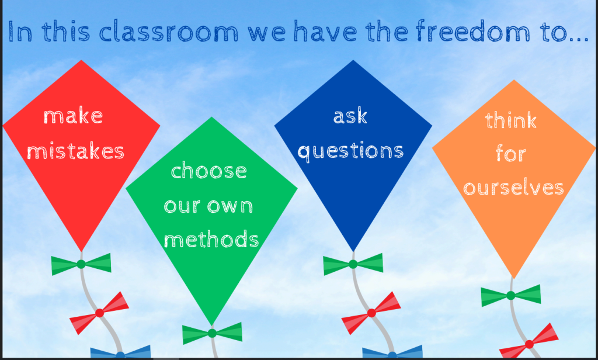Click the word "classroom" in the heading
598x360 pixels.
pyautogui.click(x=169, y=32)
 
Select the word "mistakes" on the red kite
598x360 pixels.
pyautogui.click(x=75, y=151)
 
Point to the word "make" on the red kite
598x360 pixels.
pyautogui.click(x=73, y=116)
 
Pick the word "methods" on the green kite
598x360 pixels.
pyautogui.click(x=211, y=239)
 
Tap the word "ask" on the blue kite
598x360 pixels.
pyautogui.click(x=350, y=116)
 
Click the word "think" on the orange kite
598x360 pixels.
pyautogui.click(x=510, y=120)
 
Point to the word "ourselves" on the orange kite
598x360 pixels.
pyautogui.click(x=513, y=188)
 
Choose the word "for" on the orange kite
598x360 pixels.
pyautogui.click(x=510, y=154)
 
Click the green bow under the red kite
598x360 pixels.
pyautogui.click(x=81, y=264)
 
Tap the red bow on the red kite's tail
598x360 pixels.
pyautogui.click(x=99, y=313)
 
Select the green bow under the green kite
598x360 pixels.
pyautogui.click(x=212, y=333)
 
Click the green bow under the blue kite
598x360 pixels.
pyautogui.click(x=353, y=264)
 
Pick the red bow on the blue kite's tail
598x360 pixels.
pyautogui.click(x=371, y=313)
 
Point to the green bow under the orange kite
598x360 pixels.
pyautogui.click(x=511, y=295)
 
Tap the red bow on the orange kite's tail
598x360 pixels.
pyautogui.click(x=529, y=344)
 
